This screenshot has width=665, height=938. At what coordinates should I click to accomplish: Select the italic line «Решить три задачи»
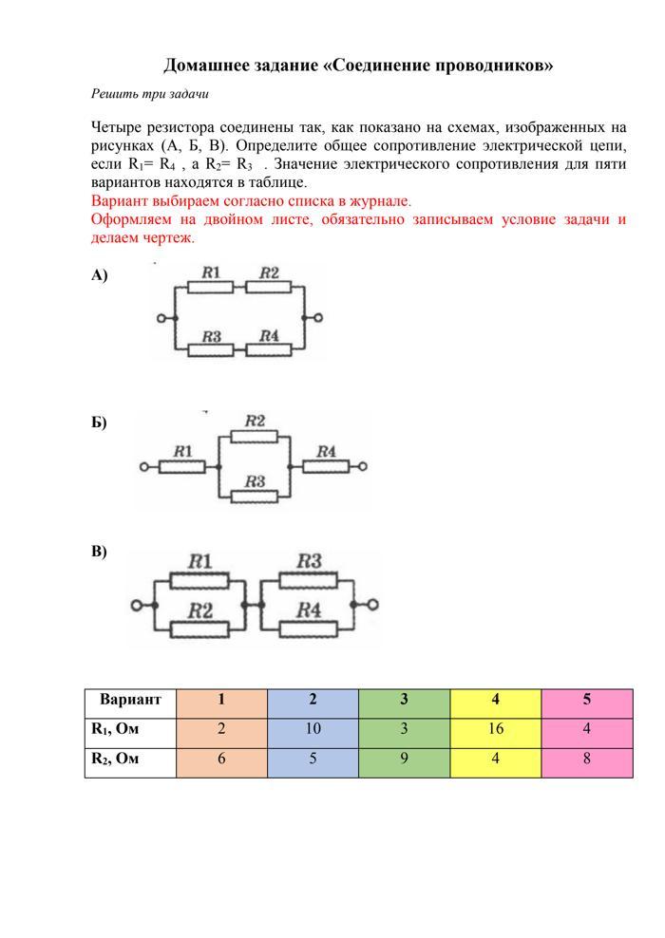pyautogui.click(x=149, y=94)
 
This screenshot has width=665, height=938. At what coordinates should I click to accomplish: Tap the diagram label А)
pyautogui.click(x=100, y=275)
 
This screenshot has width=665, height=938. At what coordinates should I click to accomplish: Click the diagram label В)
pyautogui.click(x=99, y=552)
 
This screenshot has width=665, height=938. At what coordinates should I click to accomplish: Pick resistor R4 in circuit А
pyautogui.click(x=269, y=349)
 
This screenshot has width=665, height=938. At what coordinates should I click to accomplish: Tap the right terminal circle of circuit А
pyautogui.click(x=318, y=318)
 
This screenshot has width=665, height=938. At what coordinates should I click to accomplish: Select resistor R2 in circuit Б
pyautogui.click(x=254, y=436)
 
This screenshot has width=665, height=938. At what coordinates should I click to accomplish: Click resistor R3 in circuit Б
pyautogui.click(x=254, y=496)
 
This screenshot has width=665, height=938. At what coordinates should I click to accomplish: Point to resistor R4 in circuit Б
pyautogui.click(x=326, y=466)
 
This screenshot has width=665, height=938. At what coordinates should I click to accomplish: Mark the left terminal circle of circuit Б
pyautogui.click(x=143, y=466)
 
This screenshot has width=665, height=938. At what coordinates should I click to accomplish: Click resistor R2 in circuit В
pyautogui.click(x=199, y=626)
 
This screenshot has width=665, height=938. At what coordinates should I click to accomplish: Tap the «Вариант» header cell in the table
pyautogui.click(x=130, y=700)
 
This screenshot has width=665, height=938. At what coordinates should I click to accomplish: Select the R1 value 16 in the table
pyautogui.click(x=495, y=729)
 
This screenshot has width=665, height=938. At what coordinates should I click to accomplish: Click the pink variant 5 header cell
pyautogui.click(x=586, y=700)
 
